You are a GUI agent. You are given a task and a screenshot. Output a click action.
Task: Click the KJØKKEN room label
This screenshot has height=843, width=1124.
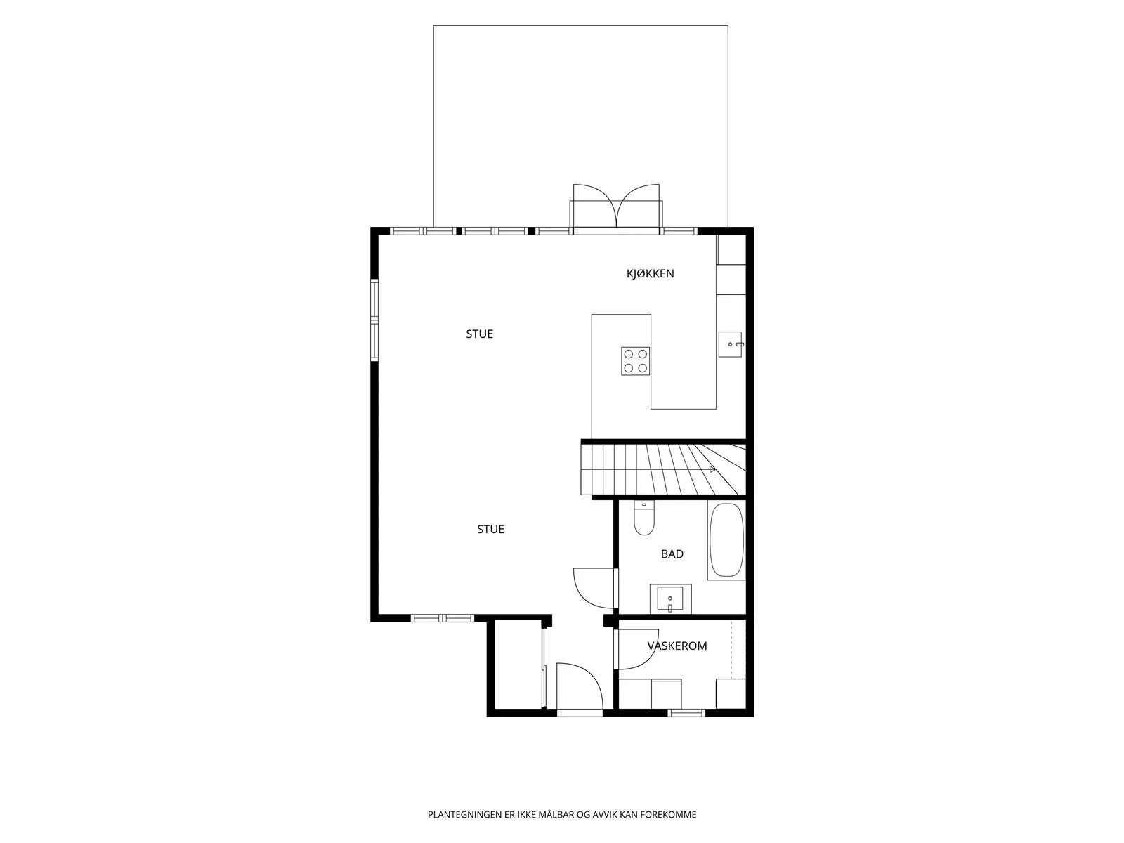coord(650,274)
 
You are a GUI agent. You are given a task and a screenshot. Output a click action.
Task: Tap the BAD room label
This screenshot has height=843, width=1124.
coord(672,554)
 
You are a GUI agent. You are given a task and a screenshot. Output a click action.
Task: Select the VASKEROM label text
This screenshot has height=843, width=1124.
coord(677,646)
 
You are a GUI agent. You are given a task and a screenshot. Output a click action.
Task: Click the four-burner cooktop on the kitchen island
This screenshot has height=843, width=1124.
coord(636,361)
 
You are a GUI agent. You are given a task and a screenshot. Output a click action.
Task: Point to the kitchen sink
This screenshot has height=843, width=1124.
coord(730,344)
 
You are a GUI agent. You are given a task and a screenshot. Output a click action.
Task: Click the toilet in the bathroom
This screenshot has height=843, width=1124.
coord(643,518)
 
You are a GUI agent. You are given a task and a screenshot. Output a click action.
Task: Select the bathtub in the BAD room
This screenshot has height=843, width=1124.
coord(726,540)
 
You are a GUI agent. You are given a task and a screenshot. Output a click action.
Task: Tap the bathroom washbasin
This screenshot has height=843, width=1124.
coord(670,599)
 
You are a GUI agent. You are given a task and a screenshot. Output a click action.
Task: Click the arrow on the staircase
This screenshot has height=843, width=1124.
coord(713,469)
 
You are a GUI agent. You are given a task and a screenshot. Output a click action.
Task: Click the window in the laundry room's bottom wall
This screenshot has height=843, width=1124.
coord(686,712)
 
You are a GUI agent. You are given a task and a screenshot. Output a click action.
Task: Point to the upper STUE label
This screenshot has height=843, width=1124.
coord(479,334)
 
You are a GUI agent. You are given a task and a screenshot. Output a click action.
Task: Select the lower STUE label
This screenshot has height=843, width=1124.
coord(490,529)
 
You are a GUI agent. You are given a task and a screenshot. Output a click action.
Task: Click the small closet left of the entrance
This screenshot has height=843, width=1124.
coord(517,664)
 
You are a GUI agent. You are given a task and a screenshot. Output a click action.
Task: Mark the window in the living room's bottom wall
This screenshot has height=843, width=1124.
coord(443,618)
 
